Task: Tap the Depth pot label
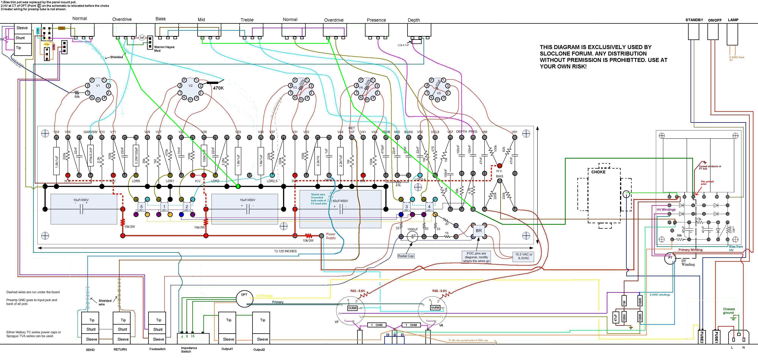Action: click(x=413, y=20)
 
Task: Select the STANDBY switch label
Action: click(x=694, y=20)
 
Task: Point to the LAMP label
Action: click(x=733, y=20)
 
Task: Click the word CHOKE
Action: click(x=598, y=172)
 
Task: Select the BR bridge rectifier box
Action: click(x=479, y=231)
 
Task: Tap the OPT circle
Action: click(x=244, y=299)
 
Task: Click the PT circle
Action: click(x=670, y=258)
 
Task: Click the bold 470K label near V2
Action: click(x=218, y=88)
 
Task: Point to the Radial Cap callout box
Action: click(x=406, y=256)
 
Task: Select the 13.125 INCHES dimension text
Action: click(x=285, y=251)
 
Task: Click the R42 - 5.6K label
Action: click(x=358, y=291)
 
